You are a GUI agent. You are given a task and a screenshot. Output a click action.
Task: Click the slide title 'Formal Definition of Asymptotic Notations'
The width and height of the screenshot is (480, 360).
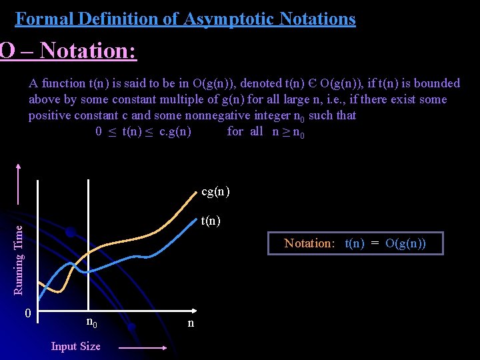(185, 19)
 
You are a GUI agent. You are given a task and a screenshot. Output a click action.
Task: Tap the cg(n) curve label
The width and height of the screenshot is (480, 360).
(215, 192)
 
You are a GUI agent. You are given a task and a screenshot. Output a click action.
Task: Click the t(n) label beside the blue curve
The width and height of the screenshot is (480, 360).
(211, 221)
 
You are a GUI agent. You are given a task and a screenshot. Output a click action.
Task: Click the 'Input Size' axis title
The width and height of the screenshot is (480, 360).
(75, 346)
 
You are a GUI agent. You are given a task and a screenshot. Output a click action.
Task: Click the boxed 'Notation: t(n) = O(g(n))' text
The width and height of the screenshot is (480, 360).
(355, 243)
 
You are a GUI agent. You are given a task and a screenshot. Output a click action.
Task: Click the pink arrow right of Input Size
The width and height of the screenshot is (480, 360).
(143, 347)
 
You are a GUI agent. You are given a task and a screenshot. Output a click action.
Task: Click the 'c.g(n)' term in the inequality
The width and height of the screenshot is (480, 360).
(175, 131)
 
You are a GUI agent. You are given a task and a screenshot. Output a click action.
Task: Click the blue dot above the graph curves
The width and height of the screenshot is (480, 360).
(69, 232)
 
